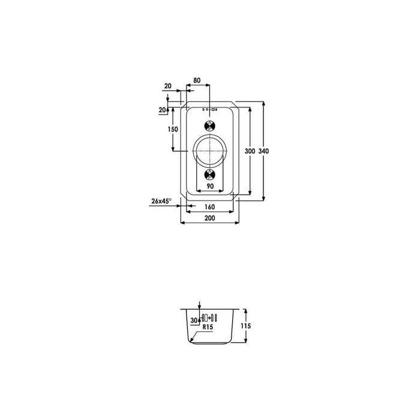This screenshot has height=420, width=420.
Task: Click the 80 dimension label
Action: (x=197, y=80)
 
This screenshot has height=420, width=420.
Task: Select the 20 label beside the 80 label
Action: (x=167, y=86)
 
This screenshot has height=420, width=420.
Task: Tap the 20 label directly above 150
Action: (x=163, y=110)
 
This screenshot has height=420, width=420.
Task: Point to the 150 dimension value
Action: (x=173, y=130)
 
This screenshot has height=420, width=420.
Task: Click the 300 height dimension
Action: (x=250, y=151)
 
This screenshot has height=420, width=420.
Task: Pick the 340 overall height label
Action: (x=263, y=151)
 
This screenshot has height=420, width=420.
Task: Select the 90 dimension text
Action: (x=210, y=186)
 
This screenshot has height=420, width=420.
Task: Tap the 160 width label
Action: (x=209, y=207)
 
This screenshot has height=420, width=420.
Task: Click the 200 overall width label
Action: (x=210, y=218)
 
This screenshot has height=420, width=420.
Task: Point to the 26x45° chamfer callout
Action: (x=161, y=201)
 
